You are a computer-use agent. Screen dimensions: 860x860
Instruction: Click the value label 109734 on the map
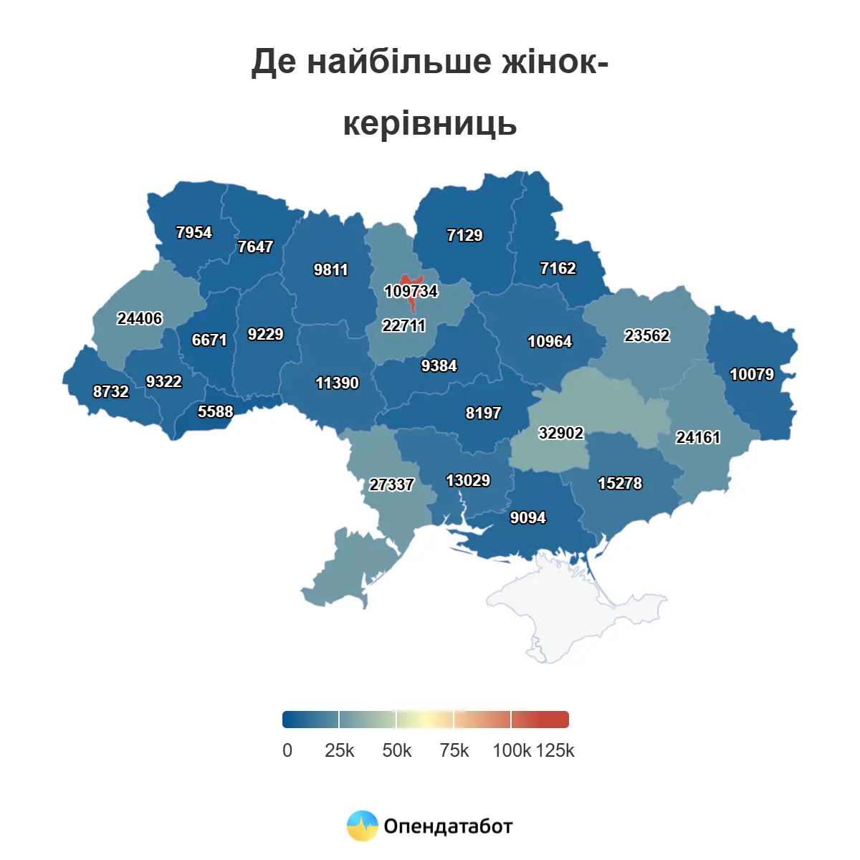(x=411, y=291)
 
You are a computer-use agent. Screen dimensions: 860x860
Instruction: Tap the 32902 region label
(x=560, y=433)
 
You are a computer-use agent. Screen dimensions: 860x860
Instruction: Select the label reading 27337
(x=391, y=484)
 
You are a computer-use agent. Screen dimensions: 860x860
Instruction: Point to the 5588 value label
(x=215, y=411)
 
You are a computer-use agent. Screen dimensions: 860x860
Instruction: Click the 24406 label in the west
(x=139, y=318)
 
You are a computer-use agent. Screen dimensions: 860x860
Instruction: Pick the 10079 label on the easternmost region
(x=751, y=374)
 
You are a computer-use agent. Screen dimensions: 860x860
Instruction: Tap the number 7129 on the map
(x=464, y=235)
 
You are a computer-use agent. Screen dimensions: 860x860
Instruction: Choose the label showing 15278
(x=620, y=483)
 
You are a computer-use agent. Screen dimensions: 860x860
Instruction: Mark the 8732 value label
(x=110, y=391)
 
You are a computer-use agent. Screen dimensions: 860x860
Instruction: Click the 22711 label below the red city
(x=403, y=325)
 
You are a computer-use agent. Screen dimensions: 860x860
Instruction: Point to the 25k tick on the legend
(x=339, y=750)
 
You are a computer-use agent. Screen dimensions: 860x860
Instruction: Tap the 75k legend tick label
(x=454, y=750)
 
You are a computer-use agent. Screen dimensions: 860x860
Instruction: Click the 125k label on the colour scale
(x=555, y=750)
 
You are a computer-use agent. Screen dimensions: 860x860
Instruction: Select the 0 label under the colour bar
(x=287, y=750)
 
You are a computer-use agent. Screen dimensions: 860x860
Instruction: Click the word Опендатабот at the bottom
(x=448, y=826)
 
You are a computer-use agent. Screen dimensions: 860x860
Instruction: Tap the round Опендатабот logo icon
(x=362, y=826)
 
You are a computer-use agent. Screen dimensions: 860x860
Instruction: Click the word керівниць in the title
(x=429, y=123)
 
